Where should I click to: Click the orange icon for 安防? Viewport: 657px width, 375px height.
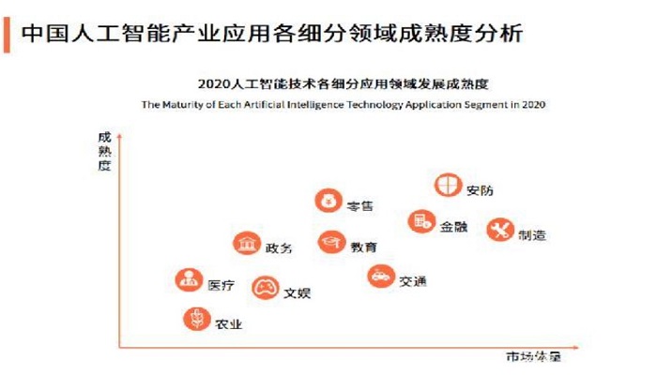coord(448,185)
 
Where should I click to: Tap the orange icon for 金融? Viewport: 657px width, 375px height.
coord(421,222)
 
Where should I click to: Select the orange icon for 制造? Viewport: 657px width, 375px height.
coord(499,230)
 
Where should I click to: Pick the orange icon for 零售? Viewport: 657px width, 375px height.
coord(328,200)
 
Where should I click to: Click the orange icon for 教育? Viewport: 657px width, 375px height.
coord(331,243)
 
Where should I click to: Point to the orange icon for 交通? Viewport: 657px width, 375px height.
coord(380,277)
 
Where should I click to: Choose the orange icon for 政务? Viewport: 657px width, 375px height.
coord(247,244)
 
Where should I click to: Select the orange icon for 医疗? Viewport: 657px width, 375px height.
coord(190,279)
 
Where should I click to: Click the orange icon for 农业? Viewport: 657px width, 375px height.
coord(196,320)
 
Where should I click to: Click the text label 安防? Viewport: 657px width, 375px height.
coord(479,190)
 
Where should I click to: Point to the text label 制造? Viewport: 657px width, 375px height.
coord(532,235)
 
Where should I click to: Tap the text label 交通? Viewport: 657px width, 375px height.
coord(412,281)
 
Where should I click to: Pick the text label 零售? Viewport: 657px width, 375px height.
coord(360,205)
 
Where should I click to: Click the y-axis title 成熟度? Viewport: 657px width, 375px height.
coord(104,150)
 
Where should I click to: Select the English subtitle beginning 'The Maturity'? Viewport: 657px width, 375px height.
coord(344,105)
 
